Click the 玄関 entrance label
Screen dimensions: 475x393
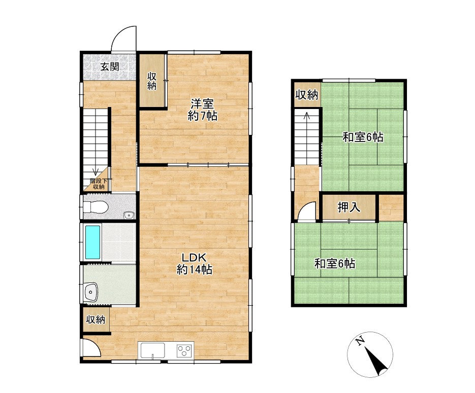(109, 66)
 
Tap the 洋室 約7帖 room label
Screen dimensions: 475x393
(202, 110)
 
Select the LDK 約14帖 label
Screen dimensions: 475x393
(194, 264)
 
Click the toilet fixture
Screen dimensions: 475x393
(96, 207)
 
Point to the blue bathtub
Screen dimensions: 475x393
(92, 242)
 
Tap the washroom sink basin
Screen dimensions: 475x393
(91, 292)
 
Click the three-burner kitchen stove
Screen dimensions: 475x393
(185, 351)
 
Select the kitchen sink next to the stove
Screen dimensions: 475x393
(152, 350)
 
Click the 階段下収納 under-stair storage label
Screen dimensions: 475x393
(99, 184)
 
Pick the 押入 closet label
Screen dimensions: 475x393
(349, 208)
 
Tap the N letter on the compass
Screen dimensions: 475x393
(360, 342)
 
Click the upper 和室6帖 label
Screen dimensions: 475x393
(363, 137)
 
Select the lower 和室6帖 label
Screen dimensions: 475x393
(335, 264)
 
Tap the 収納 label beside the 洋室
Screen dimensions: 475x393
(152, 81)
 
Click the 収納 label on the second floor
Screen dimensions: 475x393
(307, 95)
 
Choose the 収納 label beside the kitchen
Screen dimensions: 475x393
(96, 319)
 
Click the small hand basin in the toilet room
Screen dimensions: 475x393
(129, 215)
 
